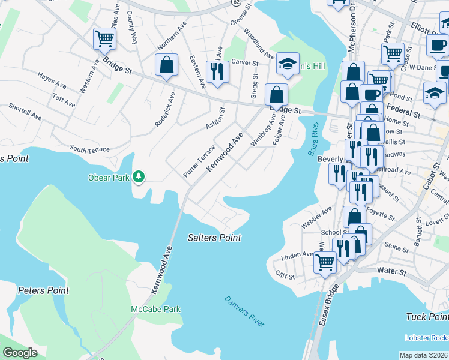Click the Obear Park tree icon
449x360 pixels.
(139, 176)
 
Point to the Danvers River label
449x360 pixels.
(244, 311)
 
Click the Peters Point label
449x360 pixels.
(43, 290)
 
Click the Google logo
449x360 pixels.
(20, 353)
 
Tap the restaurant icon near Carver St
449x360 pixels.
(217, 71)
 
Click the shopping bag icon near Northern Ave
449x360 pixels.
(166, 65)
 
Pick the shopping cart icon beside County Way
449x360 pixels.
(104, 39)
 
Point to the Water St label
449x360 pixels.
(392, 271)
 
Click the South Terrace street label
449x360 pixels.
(89, 149)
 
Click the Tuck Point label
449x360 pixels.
(427, 317)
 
